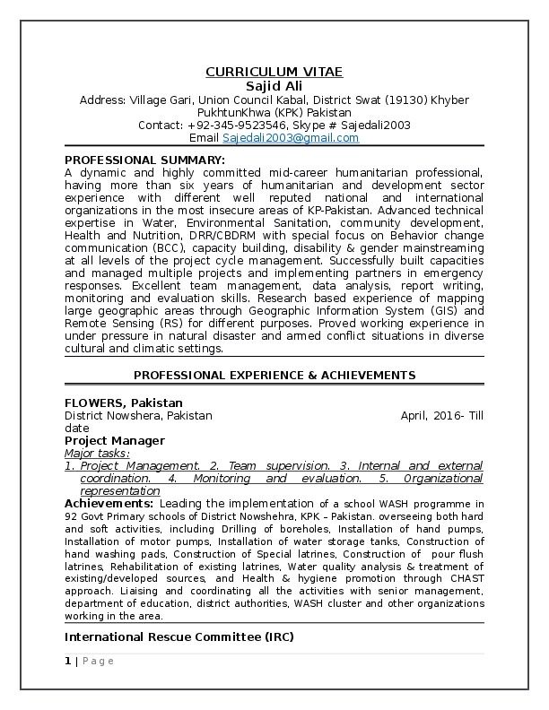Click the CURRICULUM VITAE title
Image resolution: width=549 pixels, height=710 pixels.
274,71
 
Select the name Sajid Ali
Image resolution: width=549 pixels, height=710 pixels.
274,84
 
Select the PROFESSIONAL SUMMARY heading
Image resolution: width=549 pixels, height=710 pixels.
144,160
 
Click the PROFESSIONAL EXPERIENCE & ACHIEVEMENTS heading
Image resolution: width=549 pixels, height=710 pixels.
274,374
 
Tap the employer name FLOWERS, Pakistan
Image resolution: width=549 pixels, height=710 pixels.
123,403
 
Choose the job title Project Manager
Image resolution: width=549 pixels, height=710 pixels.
114,440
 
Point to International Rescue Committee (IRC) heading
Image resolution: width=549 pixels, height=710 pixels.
179,636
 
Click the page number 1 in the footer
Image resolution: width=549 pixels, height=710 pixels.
67,661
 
